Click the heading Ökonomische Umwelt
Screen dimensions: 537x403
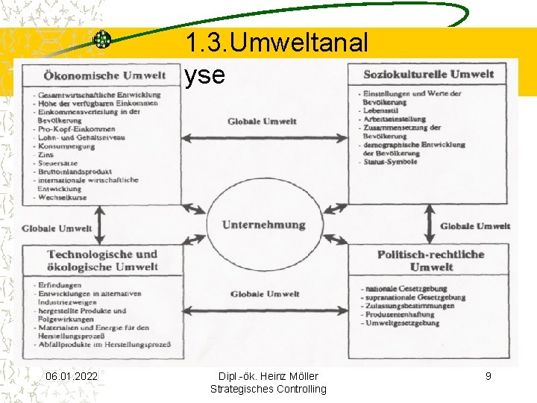[x=105, y=76]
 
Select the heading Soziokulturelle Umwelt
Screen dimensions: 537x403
[x=428, y=74]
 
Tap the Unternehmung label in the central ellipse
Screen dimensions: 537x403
[x=264, y=225]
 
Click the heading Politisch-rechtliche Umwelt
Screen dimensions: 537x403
[x=430, y=260]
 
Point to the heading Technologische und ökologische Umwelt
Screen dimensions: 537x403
[x=103, y=260]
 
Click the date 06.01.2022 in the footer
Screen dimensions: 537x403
[x=71, y=376]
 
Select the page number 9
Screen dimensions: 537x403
[x=489, y=376]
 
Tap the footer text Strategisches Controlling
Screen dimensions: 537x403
[x=268, y=389]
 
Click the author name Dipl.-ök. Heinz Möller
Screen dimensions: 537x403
[x=268, y=376]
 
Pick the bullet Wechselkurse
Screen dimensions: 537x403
[x=63, y=198]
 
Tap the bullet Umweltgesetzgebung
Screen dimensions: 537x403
[x=403, y=323]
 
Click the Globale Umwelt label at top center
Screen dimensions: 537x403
[x=263, y=121]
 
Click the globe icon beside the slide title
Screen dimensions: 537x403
[x=102, y=40]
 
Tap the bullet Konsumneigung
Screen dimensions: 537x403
[x=68, y=146]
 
